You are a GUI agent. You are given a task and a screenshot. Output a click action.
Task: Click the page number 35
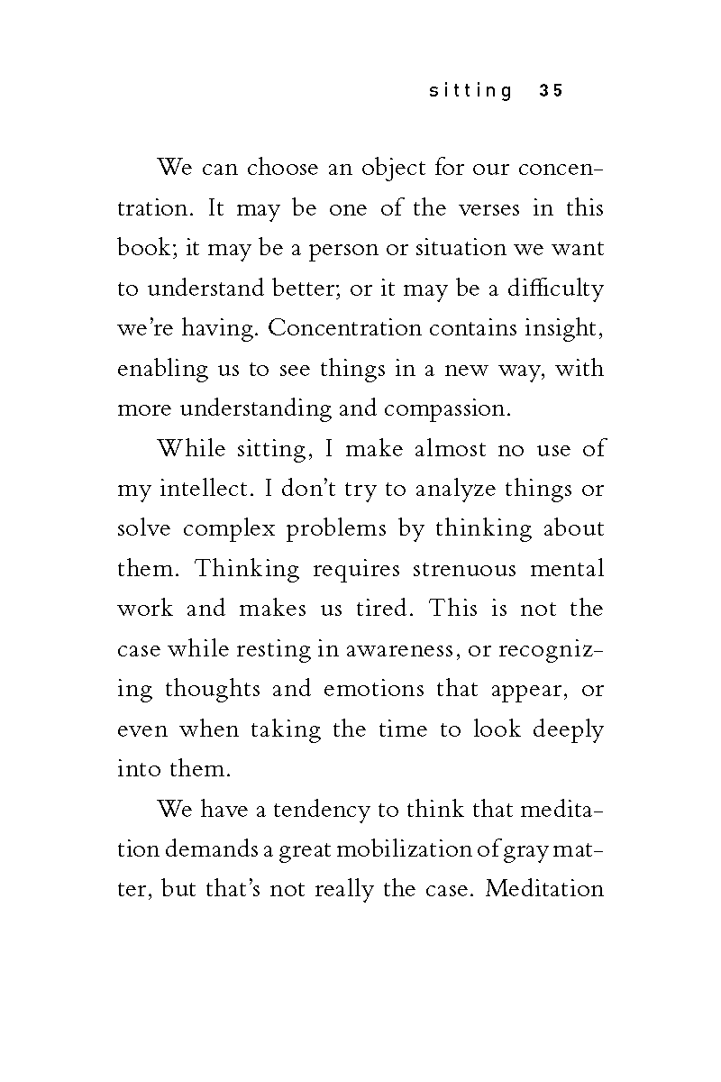click(x=551, y=91)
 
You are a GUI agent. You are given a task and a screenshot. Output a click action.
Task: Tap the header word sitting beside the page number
click(x=471, y=91)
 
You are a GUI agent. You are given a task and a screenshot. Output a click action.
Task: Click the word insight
click(x=567, y=328)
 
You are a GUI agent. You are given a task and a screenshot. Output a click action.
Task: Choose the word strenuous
click(x=465, y=568)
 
